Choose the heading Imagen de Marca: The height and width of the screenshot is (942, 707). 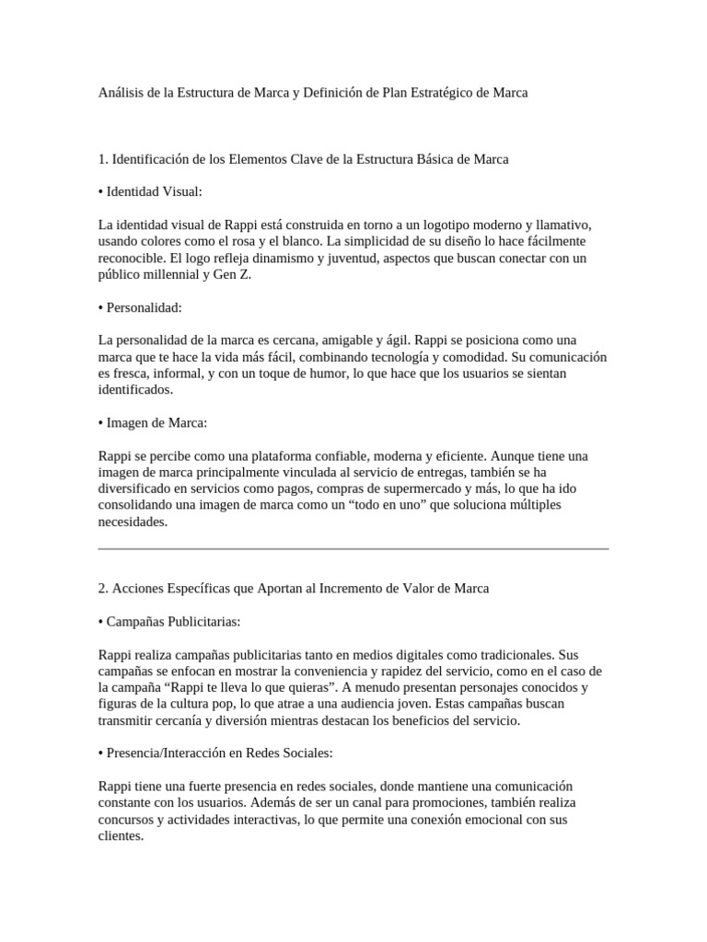[156, 423]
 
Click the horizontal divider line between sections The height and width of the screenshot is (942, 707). [353, 549]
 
